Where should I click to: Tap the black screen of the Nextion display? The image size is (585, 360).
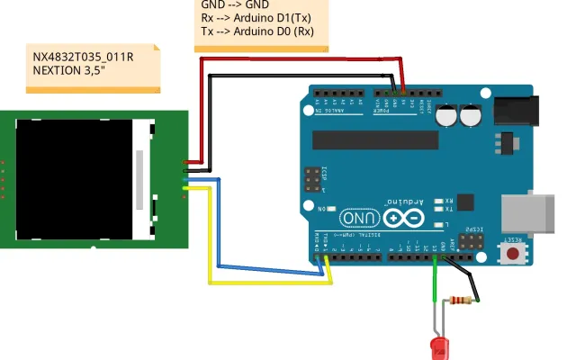tap(75, 180)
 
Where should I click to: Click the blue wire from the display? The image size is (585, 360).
tap(261, 266)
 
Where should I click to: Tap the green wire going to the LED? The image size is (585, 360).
tap(435, 288)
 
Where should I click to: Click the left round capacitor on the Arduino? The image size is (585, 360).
tap(446, 116)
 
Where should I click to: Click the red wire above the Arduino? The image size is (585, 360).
tap(297, 58)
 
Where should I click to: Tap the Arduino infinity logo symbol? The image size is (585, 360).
tap(403, 217)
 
